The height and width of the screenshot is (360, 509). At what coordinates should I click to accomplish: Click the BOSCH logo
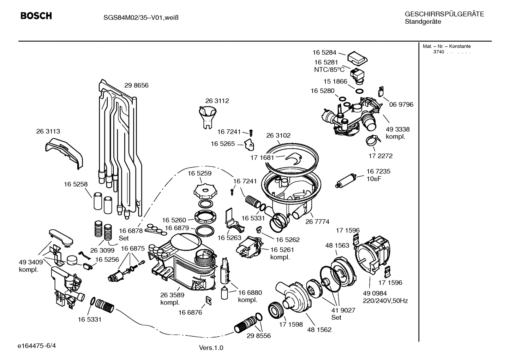click(36, 16)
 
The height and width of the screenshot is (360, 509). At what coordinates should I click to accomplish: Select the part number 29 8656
click(136, 85)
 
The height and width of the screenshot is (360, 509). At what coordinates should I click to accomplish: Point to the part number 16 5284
click(324, 53)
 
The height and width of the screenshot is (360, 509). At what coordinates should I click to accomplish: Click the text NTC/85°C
click(329, 70)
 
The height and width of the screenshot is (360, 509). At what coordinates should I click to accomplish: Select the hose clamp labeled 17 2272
click(373, 142)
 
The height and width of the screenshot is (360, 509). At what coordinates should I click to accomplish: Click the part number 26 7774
click(317, 222)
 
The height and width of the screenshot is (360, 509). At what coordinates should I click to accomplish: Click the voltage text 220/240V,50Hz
click(385, 301)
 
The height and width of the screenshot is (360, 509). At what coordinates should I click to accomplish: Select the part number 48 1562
click(319, 330)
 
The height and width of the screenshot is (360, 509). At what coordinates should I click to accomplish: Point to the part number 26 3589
click(172, 295)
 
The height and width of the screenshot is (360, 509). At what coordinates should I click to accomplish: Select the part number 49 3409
click(31, 262)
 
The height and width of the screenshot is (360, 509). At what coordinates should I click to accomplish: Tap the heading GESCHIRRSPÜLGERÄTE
click(444, 14)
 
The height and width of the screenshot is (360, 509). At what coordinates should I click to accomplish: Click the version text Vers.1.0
click(211, 348)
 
